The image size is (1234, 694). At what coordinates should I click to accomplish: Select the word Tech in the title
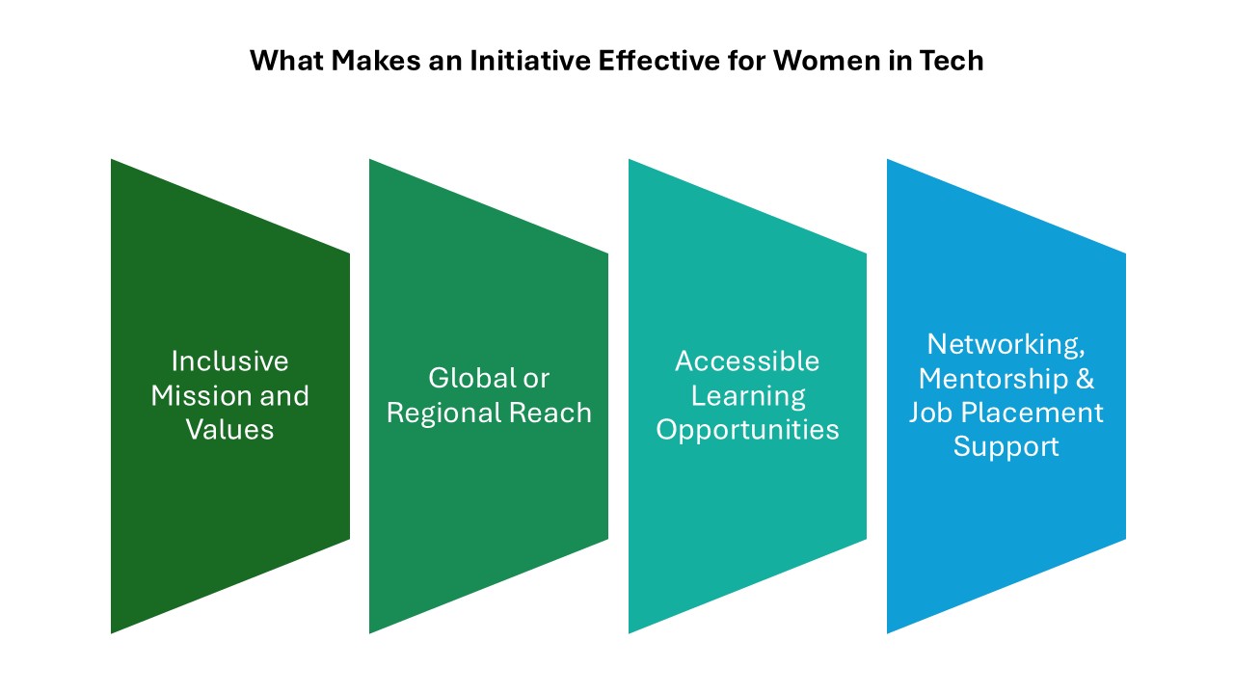click(952, 61)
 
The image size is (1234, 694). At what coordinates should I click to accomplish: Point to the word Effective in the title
click(658, 61)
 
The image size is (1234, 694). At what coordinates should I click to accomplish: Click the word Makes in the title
click(376, 61)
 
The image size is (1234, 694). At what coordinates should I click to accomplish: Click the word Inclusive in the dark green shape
click(229, 361)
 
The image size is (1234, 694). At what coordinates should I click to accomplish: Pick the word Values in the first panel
click(229, 430)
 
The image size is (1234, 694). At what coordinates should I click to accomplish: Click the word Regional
click(444, 414)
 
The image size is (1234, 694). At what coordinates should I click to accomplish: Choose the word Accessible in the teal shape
click(747, 361)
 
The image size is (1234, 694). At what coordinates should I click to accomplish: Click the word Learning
click(748, 396)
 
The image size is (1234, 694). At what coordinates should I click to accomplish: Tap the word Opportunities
click(747, 430)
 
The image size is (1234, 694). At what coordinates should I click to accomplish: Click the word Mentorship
click(993, 379)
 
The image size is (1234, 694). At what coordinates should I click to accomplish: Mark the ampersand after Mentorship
click(1085, 379)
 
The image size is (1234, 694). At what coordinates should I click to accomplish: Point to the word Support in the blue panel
click(1006, 447)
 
